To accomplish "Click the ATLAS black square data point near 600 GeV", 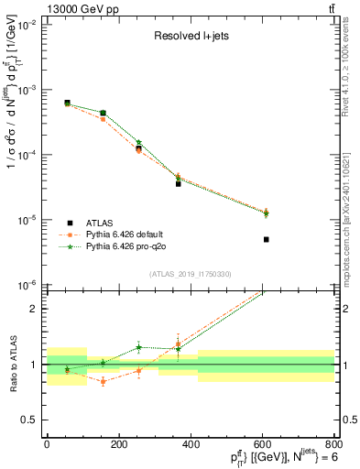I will tap(267, 239).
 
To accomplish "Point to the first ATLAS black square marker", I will tap(68, 103).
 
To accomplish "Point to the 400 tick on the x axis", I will tap(191, 445).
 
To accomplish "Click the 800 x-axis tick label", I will tap(334, 445).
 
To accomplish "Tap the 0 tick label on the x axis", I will tap(47, 445).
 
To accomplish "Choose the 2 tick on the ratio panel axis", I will tap(35, 309).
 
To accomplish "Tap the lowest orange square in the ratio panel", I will tap(103, 381).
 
